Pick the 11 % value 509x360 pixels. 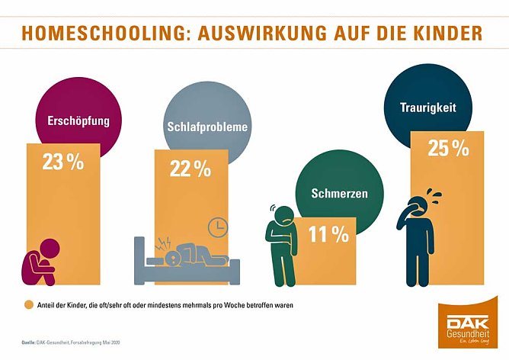pos(328,235)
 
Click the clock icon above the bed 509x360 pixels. pos(217,227)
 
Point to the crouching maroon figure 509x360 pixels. pos(37,268)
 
